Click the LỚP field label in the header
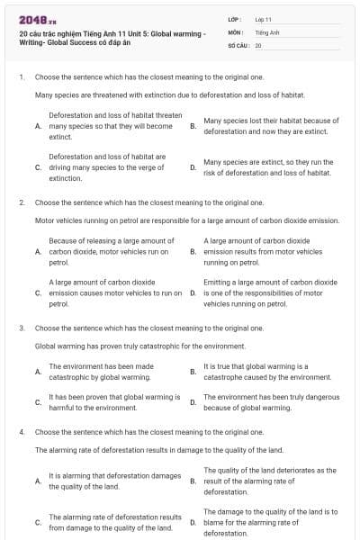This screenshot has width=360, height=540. [x=234, y=19]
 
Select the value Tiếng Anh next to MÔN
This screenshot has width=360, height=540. [x=267, y=31]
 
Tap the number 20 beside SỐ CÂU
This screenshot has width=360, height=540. [x=258, y=44]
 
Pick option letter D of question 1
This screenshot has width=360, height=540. [x=193, y=166]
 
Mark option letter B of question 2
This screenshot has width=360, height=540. [x=193, y=251]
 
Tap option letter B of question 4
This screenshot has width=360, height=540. [x=193, y=481]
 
